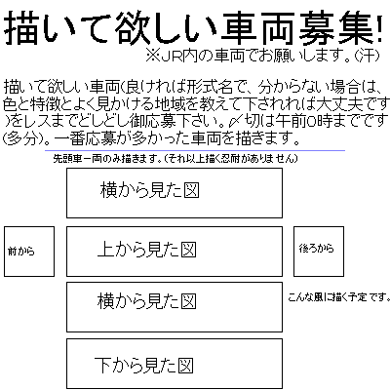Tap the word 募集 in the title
(336, 27)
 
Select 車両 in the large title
(258, 27)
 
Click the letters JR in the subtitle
(171, 57)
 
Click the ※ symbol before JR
(152, 57)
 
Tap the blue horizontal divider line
(195, 150)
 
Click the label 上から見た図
(146, 250)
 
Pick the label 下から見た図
(143, 365)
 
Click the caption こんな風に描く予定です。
(338, 296)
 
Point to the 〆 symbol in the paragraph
(235, 121)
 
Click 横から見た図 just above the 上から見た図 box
(149, 190)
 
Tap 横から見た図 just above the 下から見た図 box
(146, 301)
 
